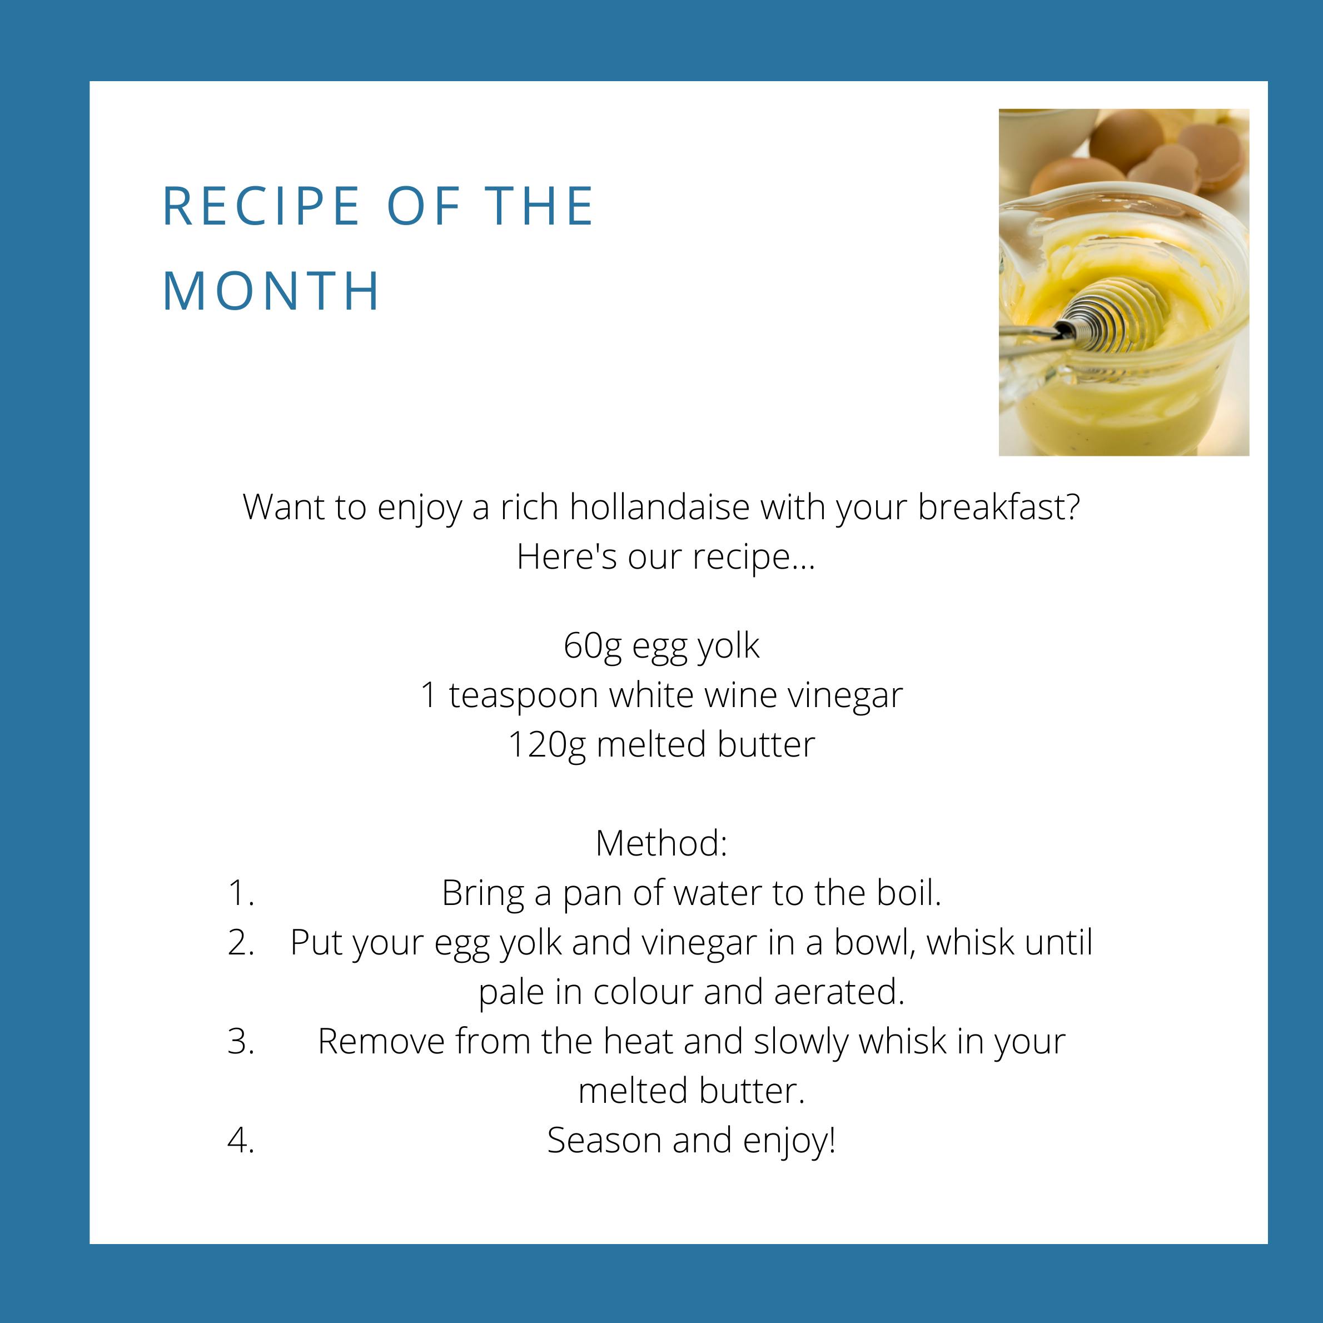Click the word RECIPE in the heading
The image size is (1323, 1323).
point(261,206)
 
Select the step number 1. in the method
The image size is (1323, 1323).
point(241,893)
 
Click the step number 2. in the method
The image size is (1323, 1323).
point(241,942)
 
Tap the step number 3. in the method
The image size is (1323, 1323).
point(241,1042)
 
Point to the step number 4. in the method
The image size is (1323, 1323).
point(241,1141)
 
